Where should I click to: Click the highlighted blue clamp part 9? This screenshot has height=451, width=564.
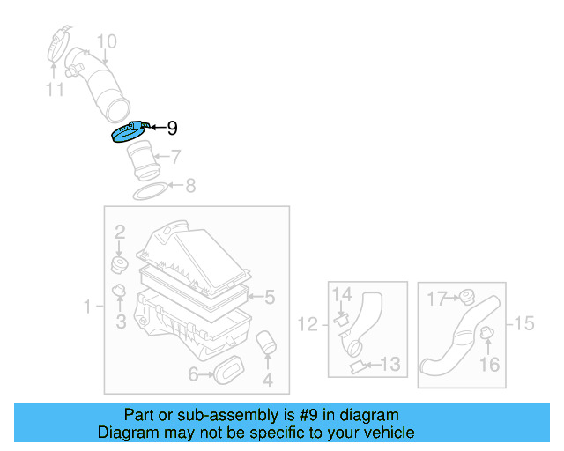[128, 133]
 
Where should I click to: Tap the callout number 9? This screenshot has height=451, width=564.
[172, 129]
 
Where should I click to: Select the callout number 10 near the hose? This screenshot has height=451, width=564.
[106, 41]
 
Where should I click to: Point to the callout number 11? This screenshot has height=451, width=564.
[56, 89]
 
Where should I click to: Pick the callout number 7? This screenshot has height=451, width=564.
[175, 158]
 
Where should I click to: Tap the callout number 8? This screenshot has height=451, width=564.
[189, 186]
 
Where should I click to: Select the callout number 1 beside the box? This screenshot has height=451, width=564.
[88, 307]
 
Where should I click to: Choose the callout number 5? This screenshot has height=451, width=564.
[270, 298]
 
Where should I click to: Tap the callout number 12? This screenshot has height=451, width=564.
[307, 325]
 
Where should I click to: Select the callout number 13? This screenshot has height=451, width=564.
[390, 363]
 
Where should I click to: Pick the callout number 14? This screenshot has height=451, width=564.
[342, 294]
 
